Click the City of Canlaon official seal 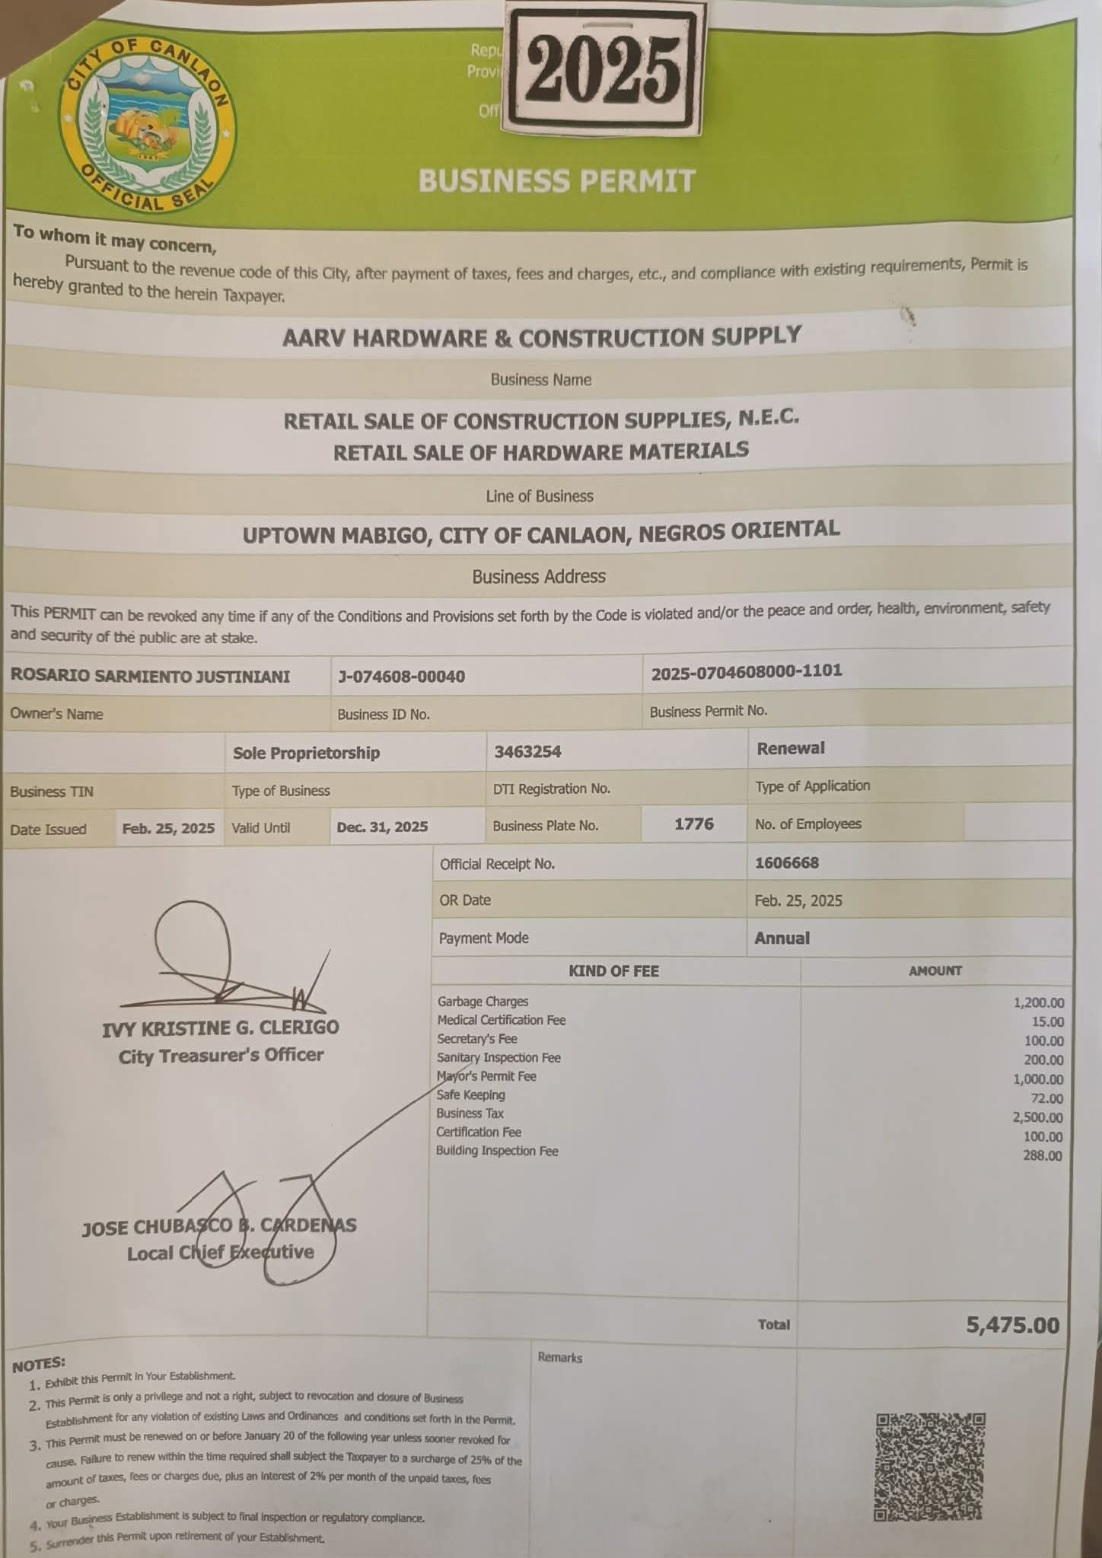148,126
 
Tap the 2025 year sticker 603,70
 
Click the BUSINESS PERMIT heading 557,181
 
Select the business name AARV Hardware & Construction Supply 541,337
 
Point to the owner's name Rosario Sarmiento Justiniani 150,677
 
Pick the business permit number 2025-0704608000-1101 747,671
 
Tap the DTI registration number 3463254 527,752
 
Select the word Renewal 791,748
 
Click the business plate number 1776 693,824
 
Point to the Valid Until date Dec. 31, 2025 382,827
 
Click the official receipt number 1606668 787,863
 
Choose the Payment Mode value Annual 782,938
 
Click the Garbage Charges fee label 483,1002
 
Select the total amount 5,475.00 1012,1325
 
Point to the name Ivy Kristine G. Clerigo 221,1028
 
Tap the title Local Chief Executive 220,1252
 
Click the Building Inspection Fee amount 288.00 1043,1155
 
